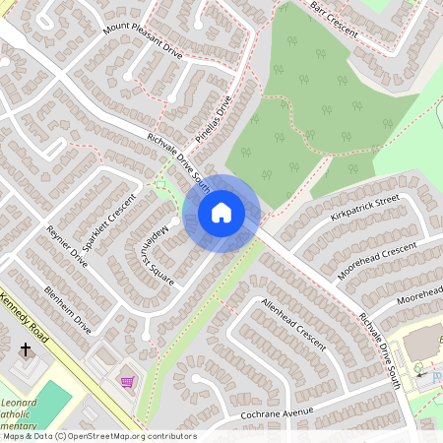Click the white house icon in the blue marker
[x=221, y=213]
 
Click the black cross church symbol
[x=25, y=349]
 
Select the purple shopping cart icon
[x=126, y=381]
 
